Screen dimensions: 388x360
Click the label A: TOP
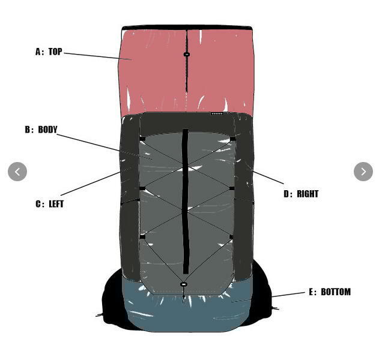[49, 52]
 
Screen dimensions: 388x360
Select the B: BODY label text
[41, 130]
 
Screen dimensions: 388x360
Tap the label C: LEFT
[49, 204]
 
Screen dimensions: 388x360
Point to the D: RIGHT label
[301, 194]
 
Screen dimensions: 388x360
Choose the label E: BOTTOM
[330, 292]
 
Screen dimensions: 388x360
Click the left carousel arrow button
[17, 172]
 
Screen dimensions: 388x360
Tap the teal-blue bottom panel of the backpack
[180, 312]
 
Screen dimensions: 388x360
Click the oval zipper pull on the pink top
[187, 55]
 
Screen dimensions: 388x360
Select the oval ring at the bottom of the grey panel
[184, 284]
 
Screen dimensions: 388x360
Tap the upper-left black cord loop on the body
[142, 139]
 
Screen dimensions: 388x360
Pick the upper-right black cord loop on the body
[232, 139]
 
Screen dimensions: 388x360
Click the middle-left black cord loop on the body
[142, 189]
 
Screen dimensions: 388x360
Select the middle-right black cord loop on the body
[232, 188]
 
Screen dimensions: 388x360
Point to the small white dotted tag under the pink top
[217, 113]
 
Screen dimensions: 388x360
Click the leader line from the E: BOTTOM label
[288, 295]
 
